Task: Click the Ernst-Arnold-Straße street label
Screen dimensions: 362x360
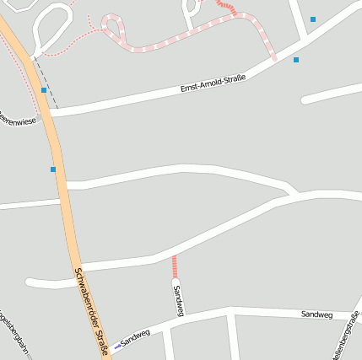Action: [213, 83]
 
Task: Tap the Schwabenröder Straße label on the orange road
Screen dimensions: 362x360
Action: [90, 311]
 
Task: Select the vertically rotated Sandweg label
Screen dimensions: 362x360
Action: [178, 300]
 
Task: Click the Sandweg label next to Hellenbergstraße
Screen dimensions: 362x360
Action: [316, 314]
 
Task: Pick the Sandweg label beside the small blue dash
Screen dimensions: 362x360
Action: [135, 338]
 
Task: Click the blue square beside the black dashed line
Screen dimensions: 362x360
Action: [44, 89]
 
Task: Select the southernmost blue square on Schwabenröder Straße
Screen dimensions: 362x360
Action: [53, 169]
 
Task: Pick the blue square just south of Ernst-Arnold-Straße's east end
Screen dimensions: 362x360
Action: [296, 60]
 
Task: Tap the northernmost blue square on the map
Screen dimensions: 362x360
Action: [313, 19]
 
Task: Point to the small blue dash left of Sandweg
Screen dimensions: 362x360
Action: [116, 347]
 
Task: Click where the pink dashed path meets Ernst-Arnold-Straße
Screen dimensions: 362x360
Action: [274, 57]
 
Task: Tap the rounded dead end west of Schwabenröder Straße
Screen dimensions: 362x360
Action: [30, 282]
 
